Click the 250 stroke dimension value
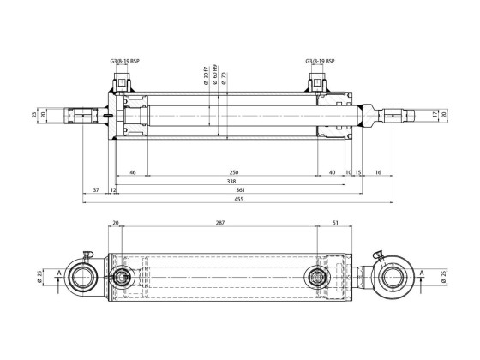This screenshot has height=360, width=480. [233, 172]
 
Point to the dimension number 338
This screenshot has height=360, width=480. [231, 181]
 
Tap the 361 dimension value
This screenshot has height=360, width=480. [241, 189]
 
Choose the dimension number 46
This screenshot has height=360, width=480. [132, 172]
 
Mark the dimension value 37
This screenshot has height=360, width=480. [96, 189]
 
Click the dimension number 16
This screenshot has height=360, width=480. [378, 172]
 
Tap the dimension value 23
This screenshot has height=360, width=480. [34, 113]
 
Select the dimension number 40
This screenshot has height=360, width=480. [332, 172]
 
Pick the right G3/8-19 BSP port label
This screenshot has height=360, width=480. [320, 61]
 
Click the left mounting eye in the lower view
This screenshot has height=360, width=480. [88, 276]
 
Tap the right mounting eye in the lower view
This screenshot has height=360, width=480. [395, 276]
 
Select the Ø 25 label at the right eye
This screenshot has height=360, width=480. [443, 276]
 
